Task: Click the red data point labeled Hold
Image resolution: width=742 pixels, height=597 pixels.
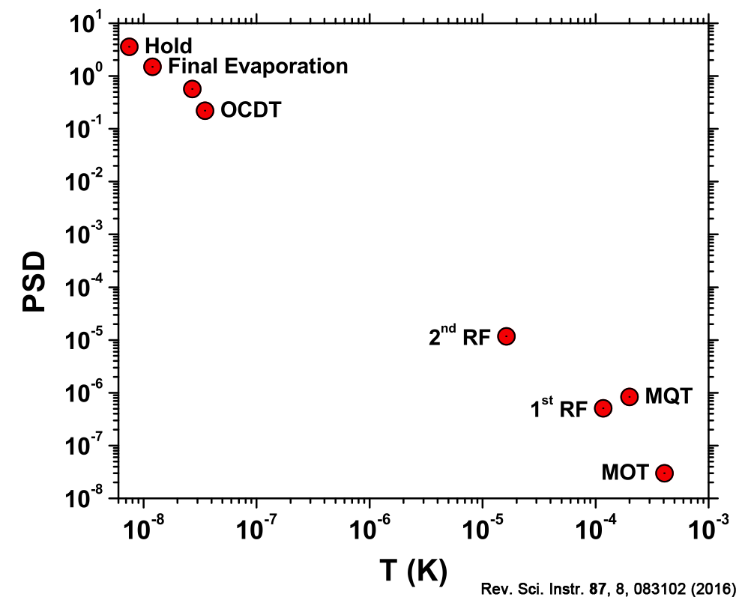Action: [129, 46]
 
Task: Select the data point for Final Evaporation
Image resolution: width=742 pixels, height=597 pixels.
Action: [152, 67]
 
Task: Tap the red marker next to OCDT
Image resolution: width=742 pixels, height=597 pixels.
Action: [205, 111]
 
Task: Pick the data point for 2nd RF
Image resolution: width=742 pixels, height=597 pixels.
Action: [506, 336]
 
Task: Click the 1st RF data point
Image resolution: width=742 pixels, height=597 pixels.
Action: [603, 408]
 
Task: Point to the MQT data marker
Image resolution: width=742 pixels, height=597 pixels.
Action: [629, 396]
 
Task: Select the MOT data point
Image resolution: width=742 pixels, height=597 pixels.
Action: [664, 473]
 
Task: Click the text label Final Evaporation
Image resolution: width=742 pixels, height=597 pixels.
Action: [258, 66]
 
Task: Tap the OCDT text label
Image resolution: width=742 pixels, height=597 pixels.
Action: [250, 111]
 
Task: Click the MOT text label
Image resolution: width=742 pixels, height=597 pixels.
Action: [624, 473]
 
